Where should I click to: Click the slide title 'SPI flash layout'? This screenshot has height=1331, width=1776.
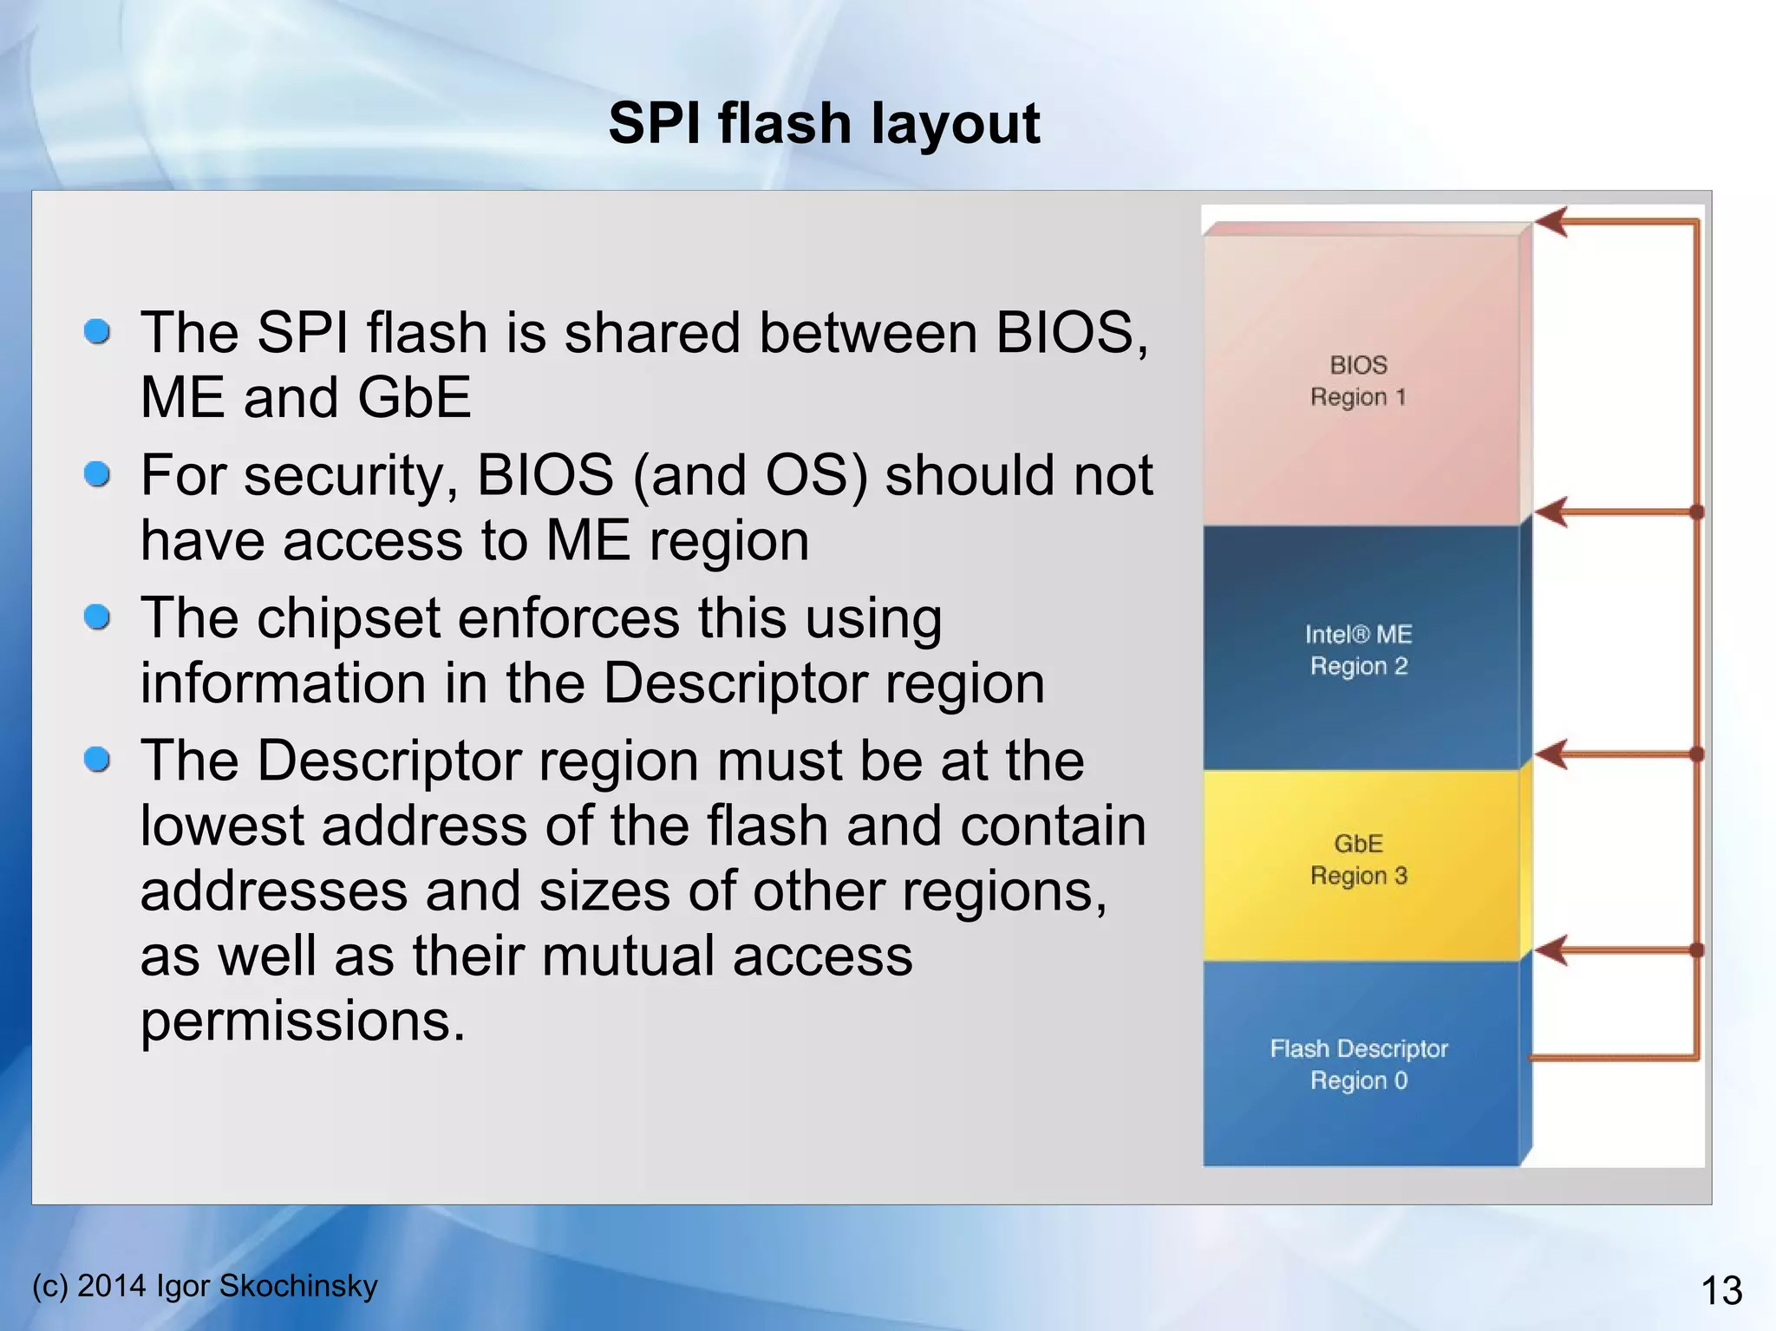[x=824, y=123]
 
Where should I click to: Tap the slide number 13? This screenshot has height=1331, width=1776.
[x=1720, y=1290]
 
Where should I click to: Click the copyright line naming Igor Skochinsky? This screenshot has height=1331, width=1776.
[x=205, y=1285]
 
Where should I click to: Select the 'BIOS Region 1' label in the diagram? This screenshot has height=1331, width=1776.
[x=1358, y=381]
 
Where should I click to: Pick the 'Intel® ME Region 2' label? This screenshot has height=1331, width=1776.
[x=1358, y=650]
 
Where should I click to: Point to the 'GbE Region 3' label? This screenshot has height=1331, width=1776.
[x=1358, y=859]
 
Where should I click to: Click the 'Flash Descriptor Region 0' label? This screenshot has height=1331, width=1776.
[x=1358, y=1064]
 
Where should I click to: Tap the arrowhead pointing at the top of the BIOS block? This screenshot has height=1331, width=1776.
[x=1552, y=222]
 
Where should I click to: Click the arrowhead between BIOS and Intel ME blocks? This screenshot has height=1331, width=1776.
[x=1552, y=512]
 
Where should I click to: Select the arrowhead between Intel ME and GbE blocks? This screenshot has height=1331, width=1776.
[x=1552, y=754]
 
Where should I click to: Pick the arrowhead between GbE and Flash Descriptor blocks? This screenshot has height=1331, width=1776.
[x=1552, y=950]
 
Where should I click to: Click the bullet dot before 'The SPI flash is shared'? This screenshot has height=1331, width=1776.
[x=97, y=331]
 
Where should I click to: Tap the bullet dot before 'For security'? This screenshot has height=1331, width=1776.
[x=97, y=474]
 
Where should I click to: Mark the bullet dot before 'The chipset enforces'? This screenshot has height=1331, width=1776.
[x=97, y=617]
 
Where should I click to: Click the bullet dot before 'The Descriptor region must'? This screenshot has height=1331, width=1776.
[x=97, y=760]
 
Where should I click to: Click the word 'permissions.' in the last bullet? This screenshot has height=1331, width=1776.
[x=303, y=1021]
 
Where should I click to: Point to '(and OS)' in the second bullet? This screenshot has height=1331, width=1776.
[x=750, y=476]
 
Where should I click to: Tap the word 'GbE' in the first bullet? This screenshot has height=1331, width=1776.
[x=414, y=397]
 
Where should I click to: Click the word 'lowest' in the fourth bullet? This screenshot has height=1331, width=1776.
[x=222, y=825]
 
